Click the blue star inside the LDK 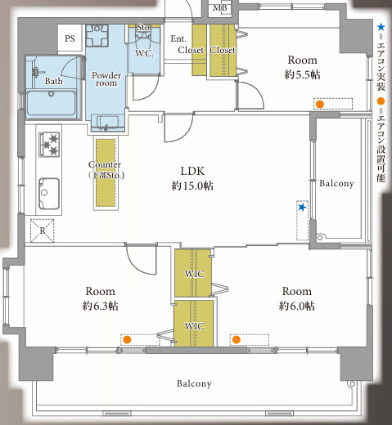point(302,208)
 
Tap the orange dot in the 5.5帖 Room point(320,104)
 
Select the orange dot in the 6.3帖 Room point(127,339)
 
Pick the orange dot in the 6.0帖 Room point(237,339)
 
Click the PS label point(70,38)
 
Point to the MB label point(220,7)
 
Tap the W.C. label point(144,53)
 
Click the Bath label point(54,81)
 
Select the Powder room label point(106,79)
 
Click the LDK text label point(192,171)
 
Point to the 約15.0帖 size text point(192,186)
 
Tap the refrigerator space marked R point(42,230)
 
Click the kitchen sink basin point(49,194)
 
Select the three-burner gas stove point(49,144)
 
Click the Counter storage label point(106,170)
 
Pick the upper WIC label point(194,274)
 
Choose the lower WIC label point(194,326)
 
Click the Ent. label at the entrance point(178,38)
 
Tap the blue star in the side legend point(381,27)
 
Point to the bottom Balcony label point(194,383)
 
